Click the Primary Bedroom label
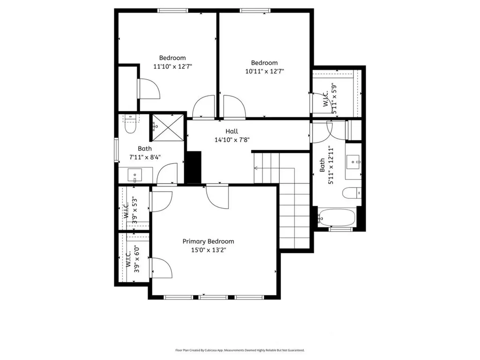pyautogui.click(x=208, y=241)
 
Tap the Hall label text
pyautogui.click(x=232, y=131)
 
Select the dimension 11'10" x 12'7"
pyautogui.click(x=172, y=67)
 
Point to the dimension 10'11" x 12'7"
pyautogui.click(x=264, y=71)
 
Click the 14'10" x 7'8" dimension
pyautogui.click(x=232, y=140)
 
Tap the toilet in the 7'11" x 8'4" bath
pyautogui.click(x=130, y=125)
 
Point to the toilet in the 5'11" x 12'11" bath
pyautogui.click(x=351, y=193)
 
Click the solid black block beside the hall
pyautogui.click(x=193, y=167)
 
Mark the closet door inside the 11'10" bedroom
pyautogui.click(x=149, y=89)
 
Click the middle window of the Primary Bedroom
pyautogui.click(x=213, y=297)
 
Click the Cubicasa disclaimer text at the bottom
pyautogui.click(x=240, y=350)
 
